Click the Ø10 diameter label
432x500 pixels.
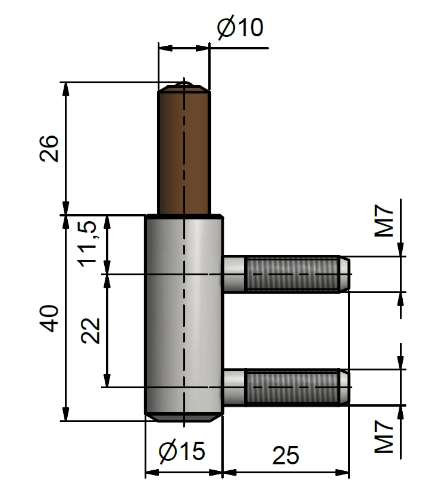click(x=240, y=27)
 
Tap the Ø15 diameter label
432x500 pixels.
click(x=182, y=451)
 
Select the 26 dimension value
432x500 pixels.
click(x=49, y=149)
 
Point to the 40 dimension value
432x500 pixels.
click(x=49, y=319)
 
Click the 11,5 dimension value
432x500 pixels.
click(x=87, y=244)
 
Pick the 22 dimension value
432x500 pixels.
click(x=90, y=331)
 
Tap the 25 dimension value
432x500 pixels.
click(x=286, y=455)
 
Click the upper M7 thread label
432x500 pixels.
click(x=384, y=221)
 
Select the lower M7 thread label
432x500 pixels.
click(x=384, y=437)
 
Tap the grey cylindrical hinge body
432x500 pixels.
click(x=184, y=316)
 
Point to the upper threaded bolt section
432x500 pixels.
click(x=292, y=274)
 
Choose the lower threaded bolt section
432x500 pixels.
click(x=292, y=388)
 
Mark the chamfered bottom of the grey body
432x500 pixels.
click(x=184, y=418)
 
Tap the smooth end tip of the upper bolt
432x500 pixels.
click(x=345, y=274)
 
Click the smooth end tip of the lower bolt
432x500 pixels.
click(x=345, y=388)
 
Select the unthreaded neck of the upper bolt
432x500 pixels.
click(x=234, y=274)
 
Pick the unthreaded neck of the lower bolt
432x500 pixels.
click(x=234, y=388)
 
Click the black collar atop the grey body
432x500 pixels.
click(x=184, y=216)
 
